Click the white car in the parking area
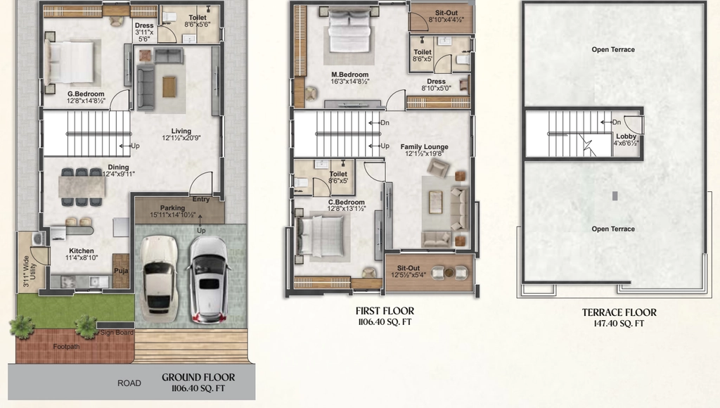[158, 278]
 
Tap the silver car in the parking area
[209, 279]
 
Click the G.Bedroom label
[86, 94]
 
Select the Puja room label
[121, 271]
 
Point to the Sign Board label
[117, 332]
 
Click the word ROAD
[129, 383]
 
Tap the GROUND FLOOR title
[198, 377]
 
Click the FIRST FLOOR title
[385, 311]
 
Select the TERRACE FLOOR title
[619, 312]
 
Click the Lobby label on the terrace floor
[626, 136]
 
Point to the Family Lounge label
[424, 147]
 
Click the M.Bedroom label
[350, 75]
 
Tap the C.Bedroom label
[346, 202]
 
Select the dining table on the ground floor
[82, 187]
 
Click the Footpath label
[66, 346]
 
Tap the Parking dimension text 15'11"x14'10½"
[173, 215]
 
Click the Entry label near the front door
[201, 199]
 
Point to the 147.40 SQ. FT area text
[619, 324]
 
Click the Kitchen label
[82, 251]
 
